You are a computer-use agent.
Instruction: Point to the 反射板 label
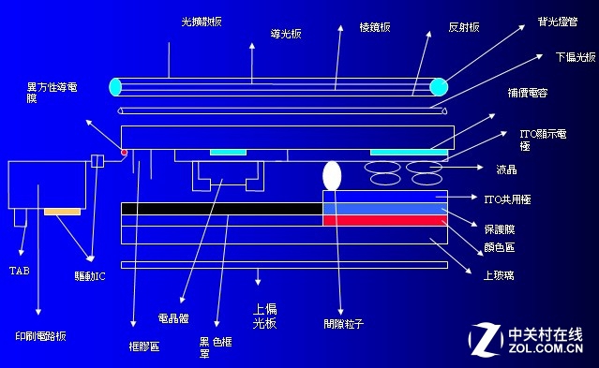pyautogui.click(x=464, y=28)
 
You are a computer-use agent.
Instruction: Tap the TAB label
pyautogui.click(x=19, y=271)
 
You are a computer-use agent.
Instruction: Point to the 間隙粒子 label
pyautogui.click(x=344, y=324)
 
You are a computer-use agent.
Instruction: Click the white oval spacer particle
pyautogui.click(x=332, y=175)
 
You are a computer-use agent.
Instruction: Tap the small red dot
pyautogui.click(x=123, y=151)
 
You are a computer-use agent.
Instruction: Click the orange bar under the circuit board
pyautogui.click(x=62, y=213)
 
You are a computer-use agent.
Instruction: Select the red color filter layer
pyautogui.click(x=383, y=220)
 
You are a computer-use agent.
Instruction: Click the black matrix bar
pyautogui.click(x=221, y=208)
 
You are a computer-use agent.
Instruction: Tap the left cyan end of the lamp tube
pyautogui.click(x=115, y=87)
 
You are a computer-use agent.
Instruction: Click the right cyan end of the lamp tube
pyautogui.click(x=438, y=87)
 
